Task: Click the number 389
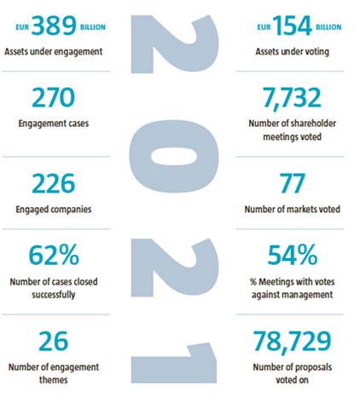54,26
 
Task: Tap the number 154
293,26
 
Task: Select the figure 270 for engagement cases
54,97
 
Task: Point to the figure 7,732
292,99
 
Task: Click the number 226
54,183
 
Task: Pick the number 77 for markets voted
293,183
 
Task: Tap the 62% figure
54,255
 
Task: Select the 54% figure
293,255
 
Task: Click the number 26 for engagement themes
54,341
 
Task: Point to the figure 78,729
292,342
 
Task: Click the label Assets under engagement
54,52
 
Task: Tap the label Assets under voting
293,52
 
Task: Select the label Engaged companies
54,210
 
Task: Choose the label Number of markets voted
293,210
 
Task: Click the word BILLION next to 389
93,27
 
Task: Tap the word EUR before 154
264,27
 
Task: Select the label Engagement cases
54,124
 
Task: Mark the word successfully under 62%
54,295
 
